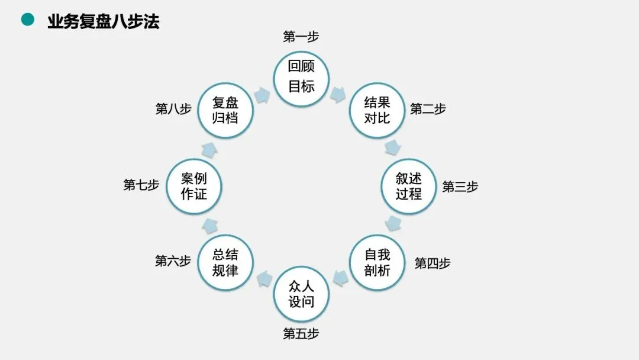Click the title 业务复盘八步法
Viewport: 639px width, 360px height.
click(x=103, y=21)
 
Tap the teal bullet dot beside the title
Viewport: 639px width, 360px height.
click(x=27, y=20)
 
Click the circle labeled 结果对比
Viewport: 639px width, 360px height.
click(x=377, y=111)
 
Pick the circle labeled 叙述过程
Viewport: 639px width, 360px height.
click(x=409, y=187)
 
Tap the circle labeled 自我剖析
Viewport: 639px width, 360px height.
click(x=377, y=262)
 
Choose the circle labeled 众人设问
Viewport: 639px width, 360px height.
click(x=301, y=294)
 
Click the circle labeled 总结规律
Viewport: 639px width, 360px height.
click(x=225, y=262)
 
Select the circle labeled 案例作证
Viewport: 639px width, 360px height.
click(x=193, y=187)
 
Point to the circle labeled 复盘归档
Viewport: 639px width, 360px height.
click(x=225, y=111)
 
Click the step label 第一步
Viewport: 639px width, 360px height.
click(x=301, y=37)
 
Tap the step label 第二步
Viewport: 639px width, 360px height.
click(x=428, y=109)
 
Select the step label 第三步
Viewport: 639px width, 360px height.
click(x=460, y=187)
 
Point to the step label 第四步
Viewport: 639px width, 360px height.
click(x=432, y=263)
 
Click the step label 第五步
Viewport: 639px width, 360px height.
click(x=301, y=334)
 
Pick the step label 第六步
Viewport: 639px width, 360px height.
click(x=173, y=261)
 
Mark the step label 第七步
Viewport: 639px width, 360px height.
click(x=141, y=185)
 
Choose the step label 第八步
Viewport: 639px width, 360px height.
click(x=173, y=109)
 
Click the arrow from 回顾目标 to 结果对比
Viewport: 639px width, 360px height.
click(x=338, y=95)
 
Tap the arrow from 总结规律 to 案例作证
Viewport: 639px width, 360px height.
click(x=209, y=224)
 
